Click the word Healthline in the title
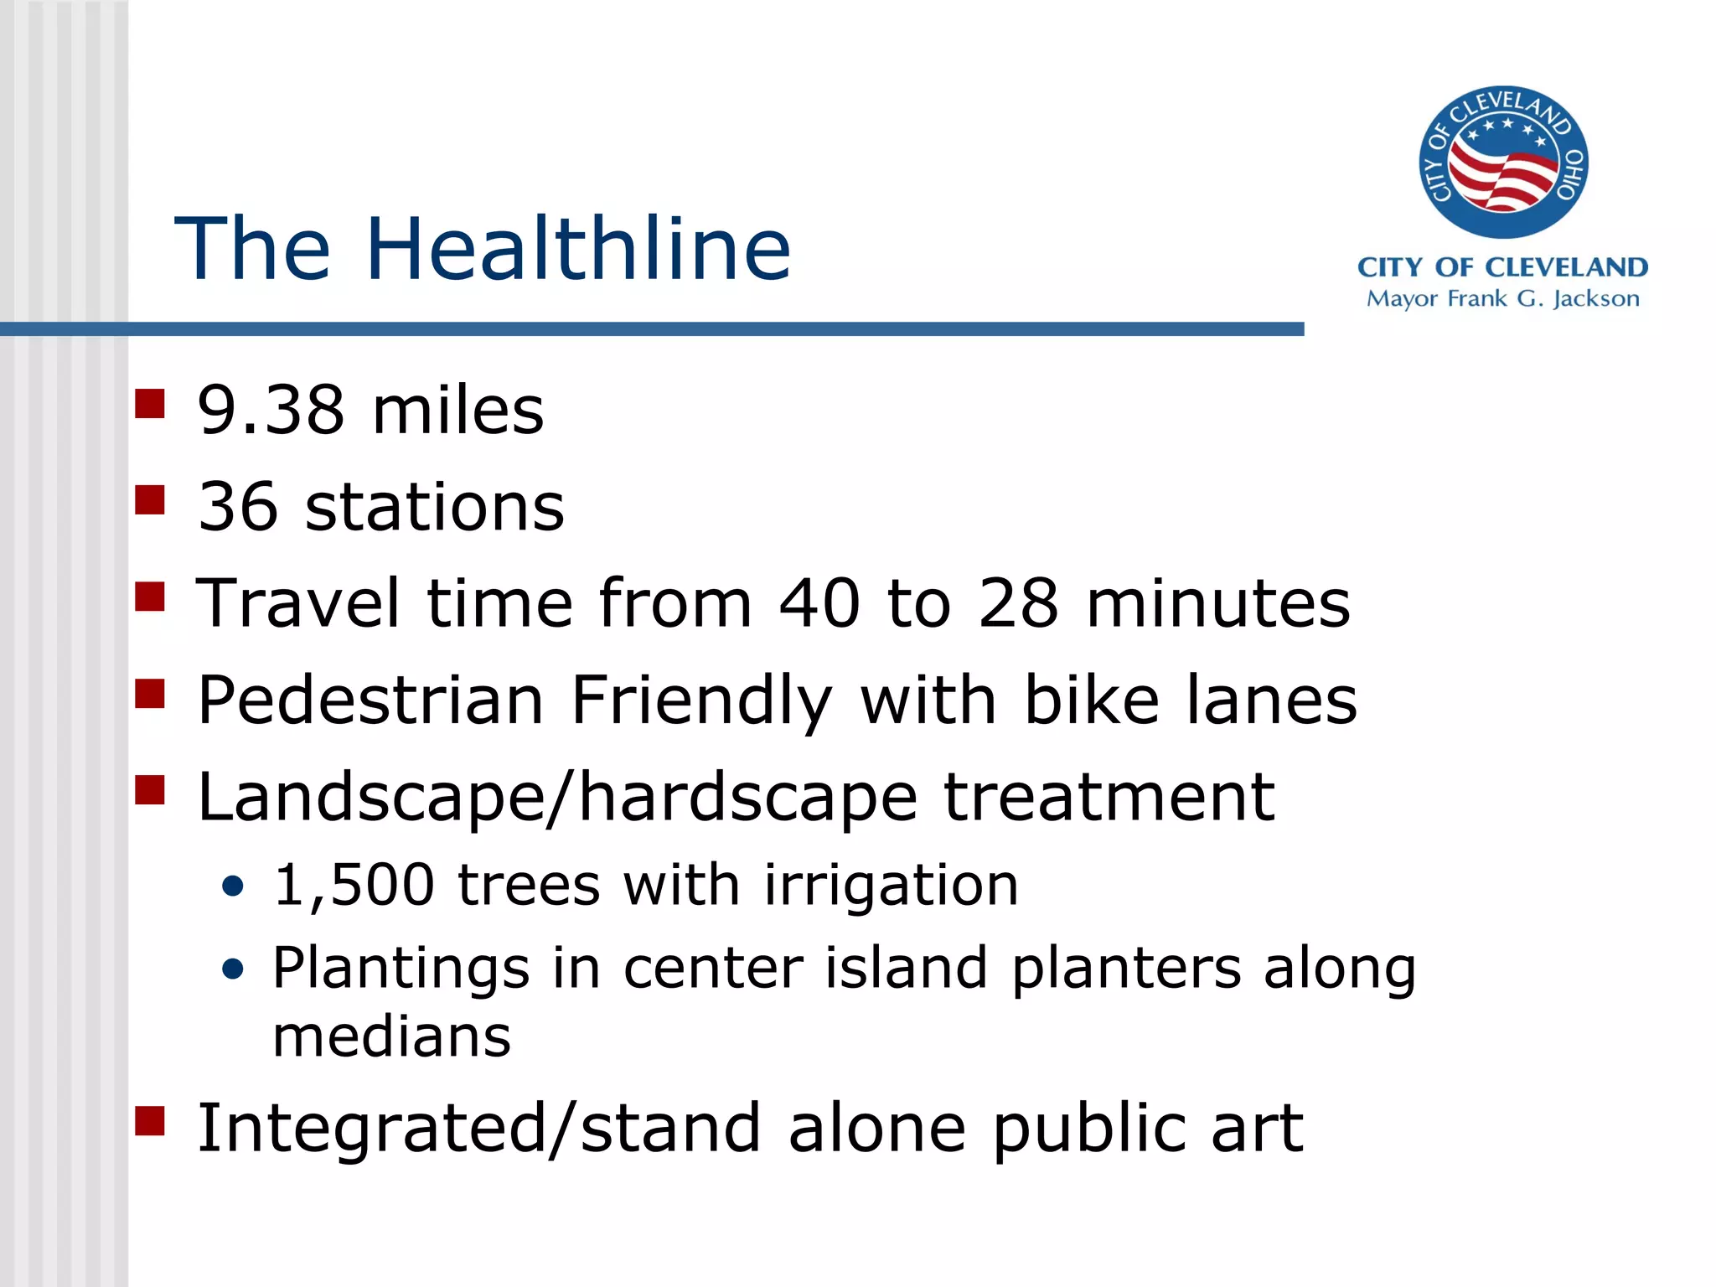pyautogui.click(x=578, y=249)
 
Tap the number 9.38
pyautogui.click(x=270, y=411)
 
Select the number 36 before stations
pyautogui.click(x=238, y=507)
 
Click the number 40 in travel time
pyautogui.click(x=819, y=603)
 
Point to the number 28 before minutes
pyautogui.click(x=1018, y=603)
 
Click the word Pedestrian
pyautogui.click(x=370, y=700)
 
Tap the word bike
pyautogui.click(x=1091, y=700)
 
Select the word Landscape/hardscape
pyautogui.click(x=557, y=798)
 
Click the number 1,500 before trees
pyautogui.click(x=354, y=886)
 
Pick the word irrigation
pyautogui.click(x=891, y=886)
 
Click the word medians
pyautogui.click(x=391, y=1037)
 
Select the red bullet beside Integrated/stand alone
pyautogui.click(x=150, y=1120)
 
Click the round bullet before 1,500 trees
pyautogui.click(x=233, y=886)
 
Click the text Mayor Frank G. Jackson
pyautogui.click(x=1502, y=299)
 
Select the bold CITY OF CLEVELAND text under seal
pyautogui.click(x=1502, y=267)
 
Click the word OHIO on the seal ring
pyautogui.click(x=1570, y=174)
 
